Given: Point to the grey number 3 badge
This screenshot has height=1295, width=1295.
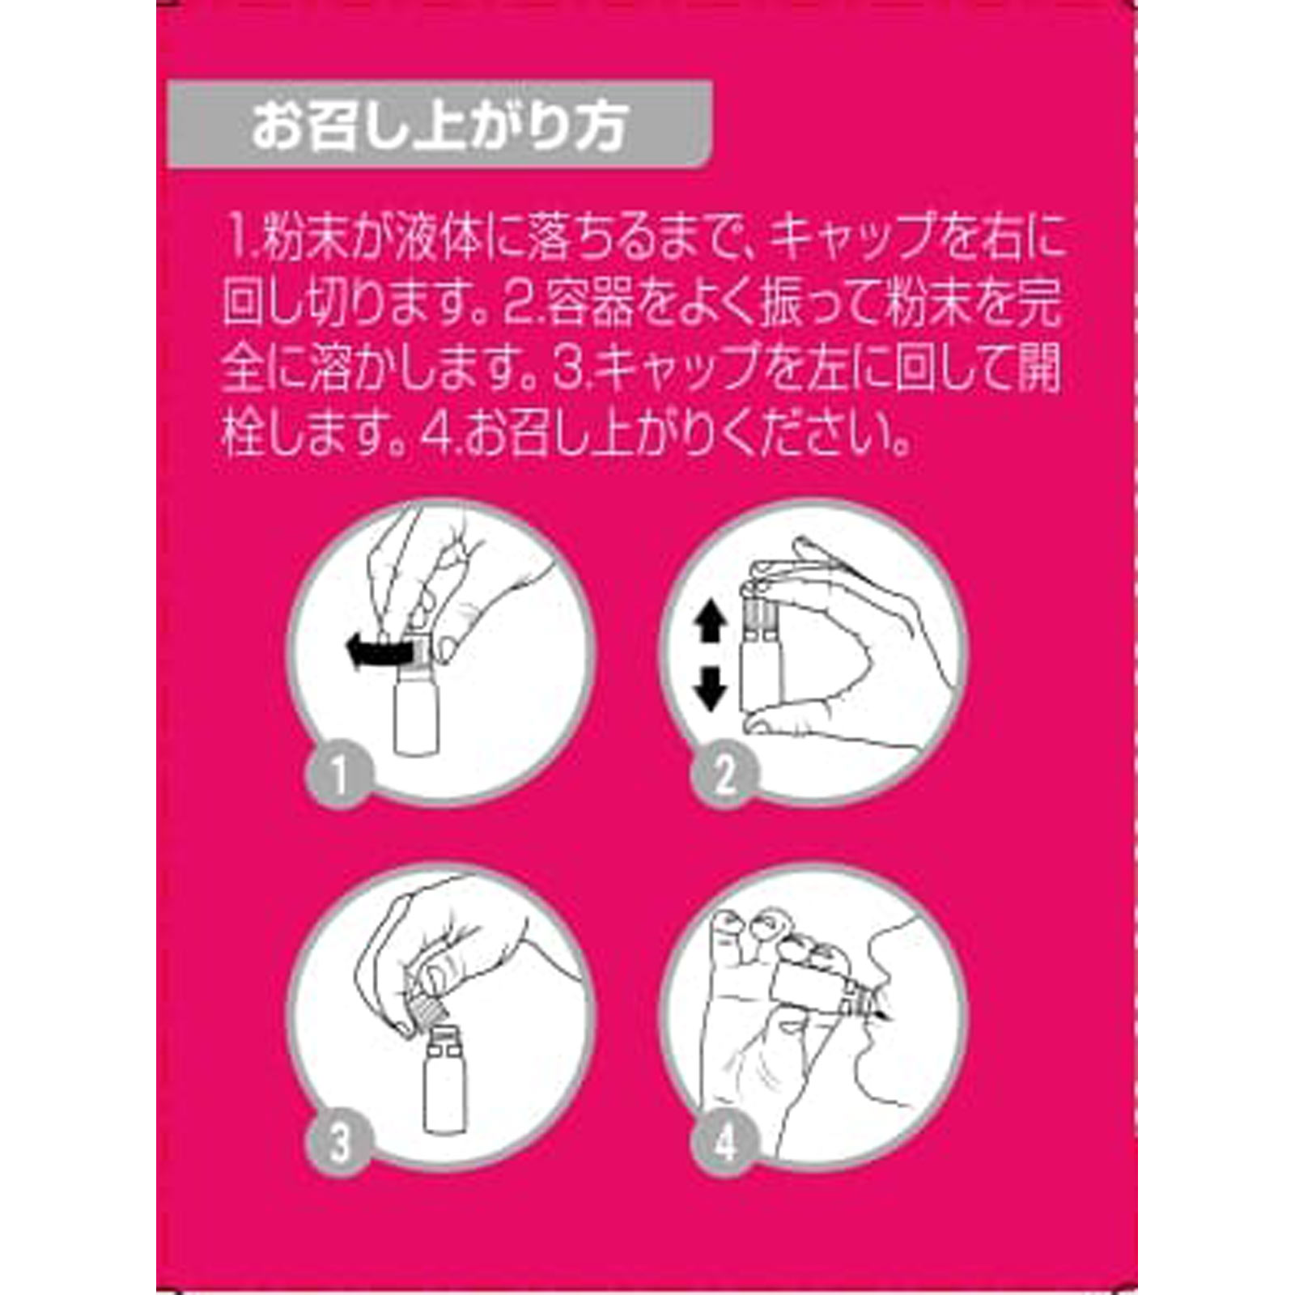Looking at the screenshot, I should coord(339,1143).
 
